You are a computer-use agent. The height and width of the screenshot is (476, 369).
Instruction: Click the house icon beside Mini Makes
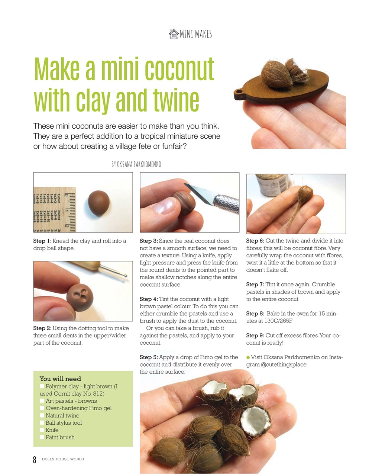(174, 34)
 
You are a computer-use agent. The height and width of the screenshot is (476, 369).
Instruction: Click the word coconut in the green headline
(179, 69)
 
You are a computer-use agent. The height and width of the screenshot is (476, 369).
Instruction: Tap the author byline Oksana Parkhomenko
(136, 164)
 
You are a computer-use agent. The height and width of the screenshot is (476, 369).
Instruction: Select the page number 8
(35, 459)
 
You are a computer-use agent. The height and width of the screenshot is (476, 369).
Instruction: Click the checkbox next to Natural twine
(42, 415)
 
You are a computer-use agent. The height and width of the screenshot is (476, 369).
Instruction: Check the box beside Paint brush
(42, 437)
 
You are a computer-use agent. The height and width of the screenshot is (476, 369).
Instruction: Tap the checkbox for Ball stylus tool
(42, 422)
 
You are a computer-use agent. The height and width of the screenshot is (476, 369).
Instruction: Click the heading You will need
(60, 379)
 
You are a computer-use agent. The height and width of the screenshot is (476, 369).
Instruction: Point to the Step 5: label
(149, 357)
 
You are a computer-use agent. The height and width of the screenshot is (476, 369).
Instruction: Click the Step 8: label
(255, 313)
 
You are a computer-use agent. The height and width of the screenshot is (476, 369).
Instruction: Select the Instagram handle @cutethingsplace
(284, 364)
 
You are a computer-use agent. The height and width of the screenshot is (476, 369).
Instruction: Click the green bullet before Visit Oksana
(248, 357)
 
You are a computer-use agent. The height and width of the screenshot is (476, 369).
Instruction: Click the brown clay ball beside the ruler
(99, 203)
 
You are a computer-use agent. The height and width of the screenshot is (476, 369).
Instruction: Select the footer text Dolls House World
(63, 459)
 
